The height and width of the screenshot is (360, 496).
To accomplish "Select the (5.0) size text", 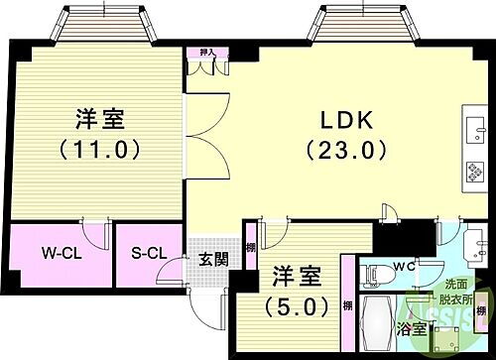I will coord(295,305).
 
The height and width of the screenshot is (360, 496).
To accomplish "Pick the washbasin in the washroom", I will coord(474,243).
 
